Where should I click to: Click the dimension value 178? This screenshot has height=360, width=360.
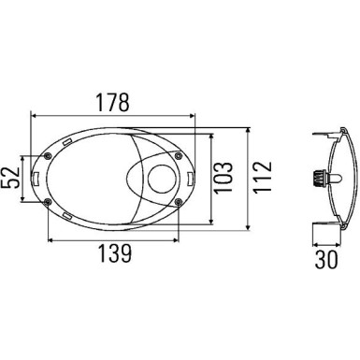[112, 102]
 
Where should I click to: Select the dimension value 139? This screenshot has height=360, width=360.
[115, 253]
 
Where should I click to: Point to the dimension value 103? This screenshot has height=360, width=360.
[223, 178]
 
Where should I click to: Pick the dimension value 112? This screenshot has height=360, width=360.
[262, 178]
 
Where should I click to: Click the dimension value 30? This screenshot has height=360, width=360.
[326, 259]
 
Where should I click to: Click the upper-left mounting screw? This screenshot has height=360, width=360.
[48, 156]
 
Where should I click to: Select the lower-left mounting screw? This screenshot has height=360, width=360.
[48, 203]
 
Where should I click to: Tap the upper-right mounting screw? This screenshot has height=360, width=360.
[179, 155]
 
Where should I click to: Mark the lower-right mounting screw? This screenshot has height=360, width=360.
[178, 203]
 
